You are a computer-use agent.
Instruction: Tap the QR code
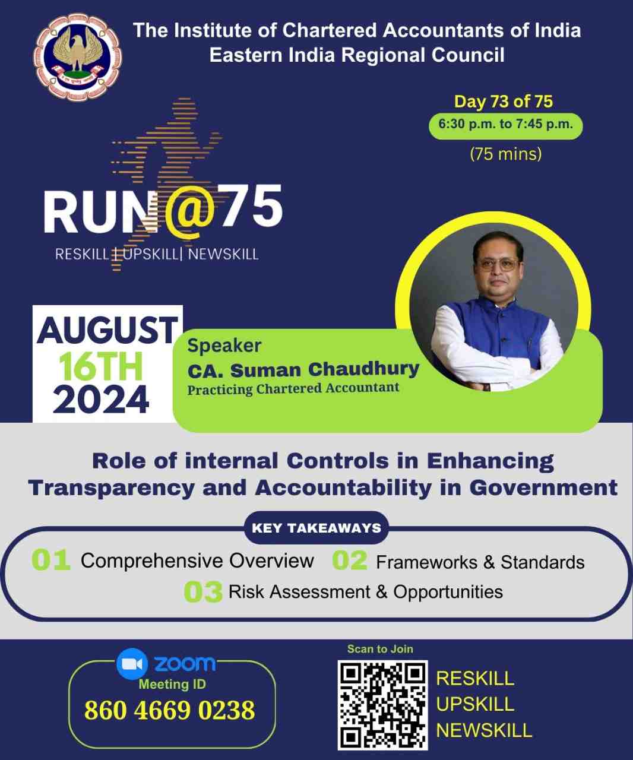[x=382, y=705]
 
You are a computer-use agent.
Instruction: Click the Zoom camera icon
[x=132, y=664]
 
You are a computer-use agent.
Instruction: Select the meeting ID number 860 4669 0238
[x=170, y=710]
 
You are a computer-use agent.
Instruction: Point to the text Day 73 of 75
[x=504, y=102]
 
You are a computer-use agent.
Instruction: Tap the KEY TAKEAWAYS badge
[x=316, y=528]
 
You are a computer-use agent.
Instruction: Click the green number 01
[x=50, y=560]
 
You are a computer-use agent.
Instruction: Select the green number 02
[x=349, y=560]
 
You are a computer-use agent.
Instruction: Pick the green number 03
[x=203, y=592]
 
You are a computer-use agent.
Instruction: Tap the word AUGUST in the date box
[x=107, y=330]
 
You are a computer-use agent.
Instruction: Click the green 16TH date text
[x=100, y=366]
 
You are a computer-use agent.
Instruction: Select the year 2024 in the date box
[x=101, y=400]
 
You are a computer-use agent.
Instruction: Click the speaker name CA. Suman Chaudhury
[x=303, y=370]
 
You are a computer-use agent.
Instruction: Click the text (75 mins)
[x=505, y=154]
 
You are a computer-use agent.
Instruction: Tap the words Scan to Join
[x=380, y=649]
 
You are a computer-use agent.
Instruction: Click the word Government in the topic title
[x=543, y=488]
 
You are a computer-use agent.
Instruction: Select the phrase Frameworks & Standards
[x=480, y=562]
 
